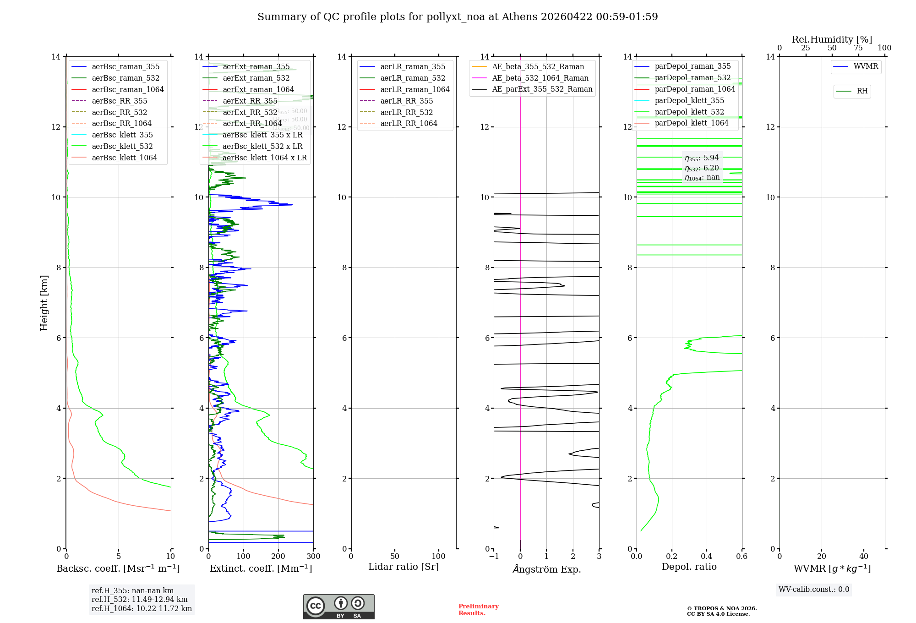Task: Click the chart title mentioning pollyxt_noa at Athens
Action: (x=458, y=17)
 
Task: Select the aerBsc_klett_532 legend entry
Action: (x=122, y=147)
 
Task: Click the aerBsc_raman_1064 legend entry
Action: (x=127, y=90)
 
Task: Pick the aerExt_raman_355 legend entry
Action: (x=256, y=67)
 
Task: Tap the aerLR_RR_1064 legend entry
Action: (x=409, y=124)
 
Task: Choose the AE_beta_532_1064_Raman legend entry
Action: (x=540, y=78)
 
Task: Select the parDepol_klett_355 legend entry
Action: (x=689, y=101)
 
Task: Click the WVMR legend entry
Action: (x=866, y=66)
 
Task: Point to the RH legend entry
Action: (x=862, y=91)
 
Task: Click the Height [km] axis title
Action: (x=44, y=302)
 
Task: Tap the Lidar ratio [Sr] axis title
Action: (x=403, y=567)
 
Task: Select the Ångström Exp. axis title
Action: (x=546, y=569)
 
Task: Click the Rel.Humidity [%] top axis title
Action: (x=832, y=39)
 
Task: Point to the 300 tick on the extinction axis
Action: (x=313, y=557)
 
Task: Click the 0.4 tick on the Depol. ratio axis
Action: (x=707, y=557)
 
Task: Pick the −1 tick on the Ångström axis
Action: (x=494, y=557)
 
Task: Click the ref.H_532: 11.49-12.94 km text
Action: (x=139, y=600)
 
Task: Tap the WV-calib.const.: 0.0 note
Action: (x=814, y=590)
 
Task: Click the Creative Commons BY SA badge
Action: (x=338, y=607)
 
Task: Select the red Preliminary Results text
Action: (x=478, y=610)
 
